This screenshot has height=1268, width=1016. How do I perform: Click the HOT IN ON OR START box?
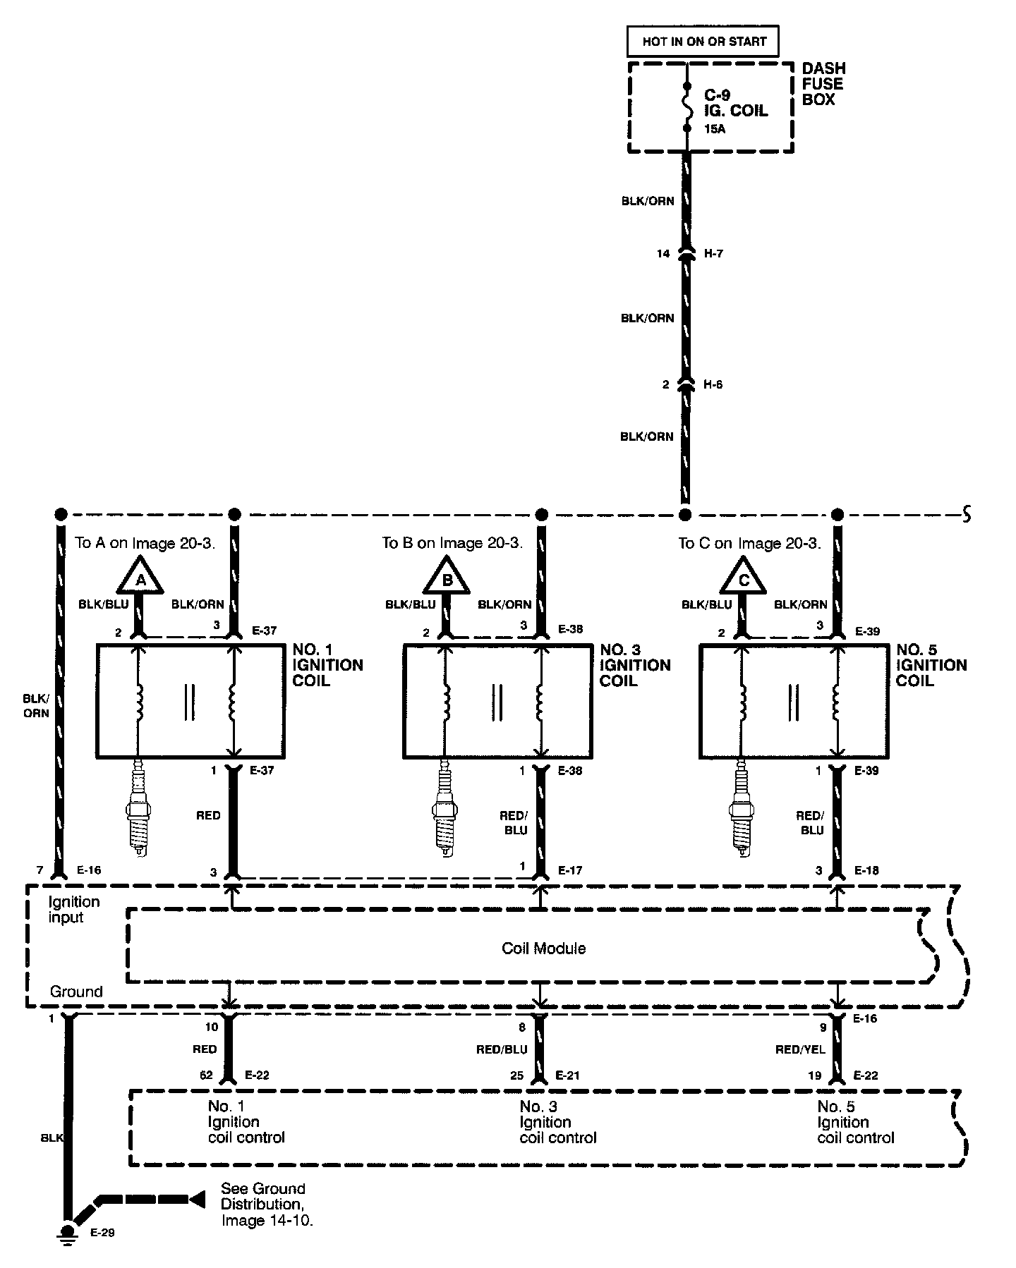tap(703, 42)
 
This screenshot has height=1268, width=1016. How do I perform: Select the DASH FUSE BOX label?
tap(823, 84)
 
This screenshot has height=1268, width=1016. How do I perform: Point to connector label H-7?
tap(713, 253)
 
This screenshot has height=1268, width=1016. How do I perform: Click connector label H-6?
tap(713, 384)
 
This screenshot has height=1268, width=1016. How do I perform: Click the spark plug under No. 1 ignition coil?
tap(138, 807)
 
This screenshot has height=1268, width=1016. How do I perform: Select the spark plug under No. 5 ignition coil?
tap(742, 807)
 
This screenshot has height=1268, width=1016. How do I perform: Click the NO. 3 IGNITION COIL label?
tap(635, 665)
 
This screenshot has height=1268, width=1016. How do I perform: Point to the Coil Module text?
tap(543, 948)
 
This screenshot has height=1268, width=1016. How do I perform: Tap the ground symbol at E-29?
tap(68, 1231)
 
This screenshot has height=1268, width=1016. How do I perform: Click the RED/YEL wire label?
tap(800, 1049)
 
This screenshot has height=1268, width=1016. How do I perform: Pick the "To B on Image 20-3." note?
tap(452, 543)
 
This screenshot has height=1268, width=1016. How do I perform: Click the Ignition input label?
tap(74, 909)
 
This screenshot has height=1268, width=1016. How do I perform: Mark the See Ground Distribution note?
tap(267, 1203)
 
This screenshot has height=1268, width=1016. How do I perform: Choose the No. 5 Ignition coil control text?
tap(855, 1122)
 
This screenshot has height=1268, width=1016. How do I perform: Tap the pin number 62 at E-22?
tap(206, 1075)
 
